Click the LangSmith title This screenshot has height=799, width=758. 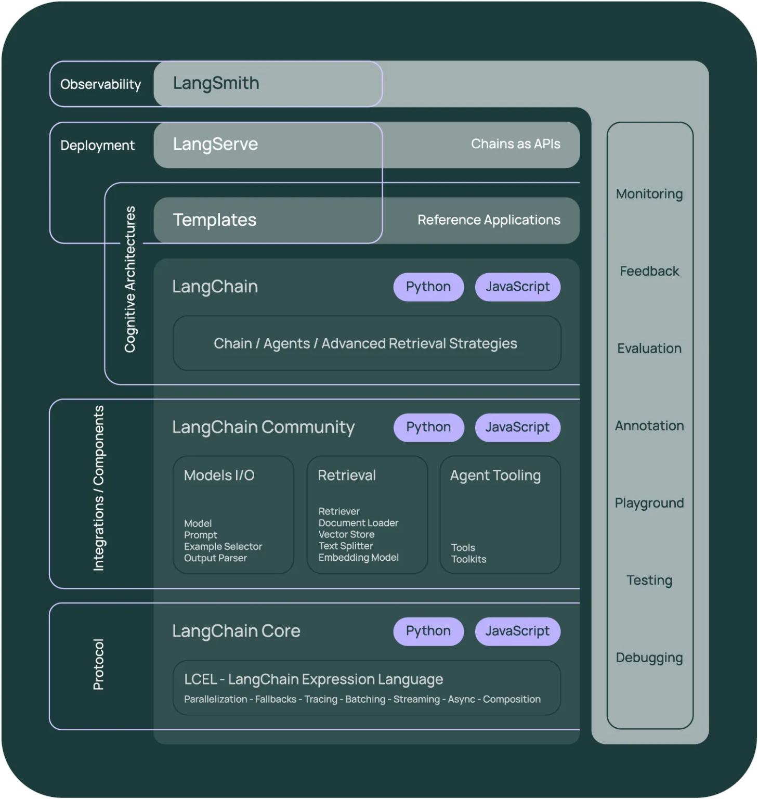coord(216,83)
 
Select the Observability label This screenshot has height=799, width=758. coord(100,84)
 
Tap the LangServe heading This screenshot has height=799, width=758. coord(215,144)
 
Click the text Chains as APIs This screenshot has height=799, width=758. coord(515,144)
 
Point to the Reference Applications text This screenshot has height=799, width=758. coord(489,220)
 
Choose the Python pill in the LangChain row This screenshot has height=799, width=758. coord(428,287)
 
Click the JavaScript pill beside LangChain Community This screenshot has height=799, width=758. coord(517,427)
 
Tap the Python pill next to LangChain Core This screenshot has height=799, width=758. coord(428,631)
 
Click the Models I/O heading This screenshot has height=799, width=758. coord(219,475)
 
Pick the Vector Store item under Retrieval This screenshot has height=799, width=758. coord(346,534)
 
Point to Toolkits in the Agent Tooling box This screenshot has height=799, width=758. coord(468,559)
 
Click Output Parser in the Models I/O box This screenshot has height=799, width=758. coord(215,558)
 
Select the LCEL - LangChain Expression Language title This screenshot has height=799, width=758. coord(313,679)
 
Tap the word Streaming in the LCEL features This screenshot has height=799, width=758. coord(416,699)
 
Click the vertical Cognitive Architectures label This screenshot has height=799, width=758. coord(130,279)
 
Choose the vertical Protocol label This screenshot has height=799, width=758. coord(98,664)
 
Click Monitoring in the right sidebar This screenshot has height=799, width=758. coord(649,194)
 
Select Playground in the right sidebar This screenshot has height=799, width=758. coord(649,503)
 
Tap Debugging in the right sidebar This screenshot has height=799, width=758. coord(649,658)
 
